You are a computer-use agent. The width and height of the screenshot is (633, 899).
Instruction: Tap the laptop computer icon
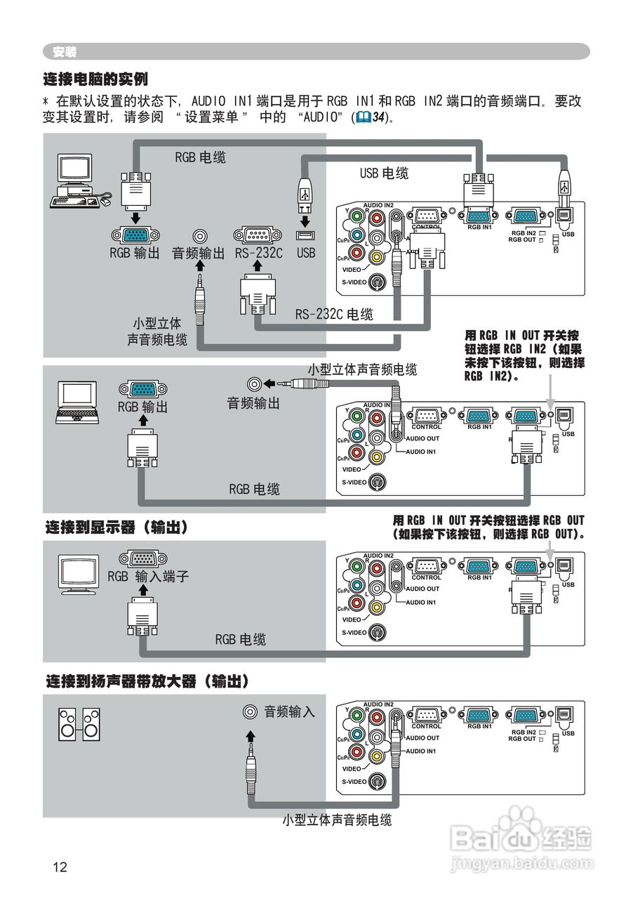(76, 402)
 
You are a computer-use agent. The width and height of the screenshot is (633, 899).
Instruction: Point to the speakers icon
(79, 725)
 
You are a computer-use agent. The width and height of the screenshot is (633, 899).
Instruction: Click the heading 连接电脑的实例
(95, 78)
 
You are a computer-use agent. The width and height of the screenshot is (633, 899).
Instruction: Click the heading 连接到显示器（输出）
(116, 527)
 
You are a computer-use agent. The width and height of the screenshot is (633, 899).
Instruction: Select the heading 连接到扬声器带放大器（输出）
(148, 681)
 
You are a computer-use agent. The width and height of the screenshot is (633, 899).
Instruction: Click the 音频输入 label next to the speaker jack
(289, 711)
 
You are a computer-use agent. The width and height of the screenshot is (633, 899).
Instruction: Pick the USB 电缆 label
(384, 173)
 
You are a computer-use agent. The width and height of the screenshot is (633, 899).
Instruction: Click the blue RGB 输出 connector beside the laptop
(143, 390)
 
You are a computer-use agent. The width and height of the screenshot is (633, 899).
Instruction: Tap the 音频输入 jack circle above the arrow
(249, 711)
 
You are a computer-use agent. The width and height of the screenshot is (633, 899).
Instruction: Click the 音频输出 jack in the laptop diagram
(255, 383)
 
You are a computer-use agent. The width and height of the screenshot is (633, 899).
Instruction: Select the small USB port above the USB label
(305, 235)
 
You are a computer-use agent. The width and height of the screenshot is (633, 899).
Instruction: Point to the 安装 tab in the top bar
(65, 52)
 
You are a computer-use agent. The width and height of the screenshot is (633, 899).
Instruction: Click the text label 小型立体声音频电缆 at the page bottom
(337, 820)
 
